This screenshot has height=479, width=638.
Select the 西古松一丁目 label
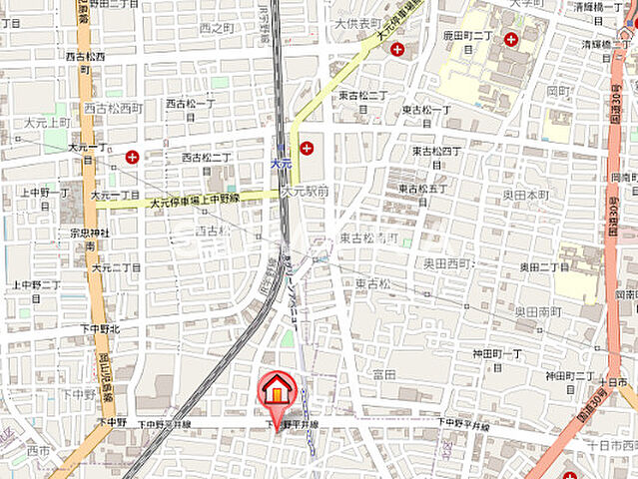point(191,104)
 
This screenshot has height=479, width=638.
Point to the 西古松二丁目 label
point(206,158)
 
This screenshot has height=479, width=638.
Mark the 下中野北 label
point(100,328)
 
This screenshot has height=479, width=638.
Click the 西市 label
point(38,451)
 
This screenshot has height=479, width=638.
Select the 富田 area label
point(383,374)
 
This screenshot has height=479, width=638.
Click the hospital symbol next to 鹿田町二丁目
point(511,40)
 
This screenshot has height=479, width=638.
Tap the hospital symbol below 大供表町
point(397,48)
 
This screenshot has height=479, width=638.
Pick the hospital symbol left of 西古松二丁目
point(133,156)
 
